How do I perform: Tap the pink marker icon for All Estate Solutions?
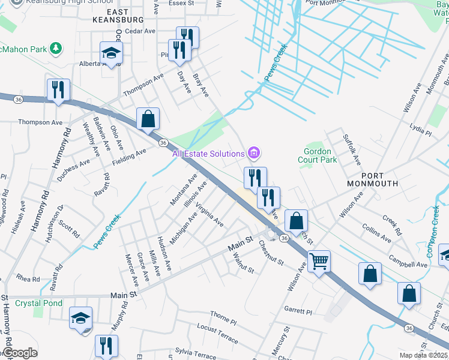pos(255,154)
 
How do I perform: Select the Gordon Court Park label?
pos(318,156)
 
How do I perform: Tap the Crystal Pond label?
pos(39,303)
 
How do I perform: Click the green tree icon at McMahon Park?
pos(55,47)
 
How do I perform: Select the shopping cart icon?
pos(319,260)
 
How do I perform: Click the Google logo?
pos(19,353)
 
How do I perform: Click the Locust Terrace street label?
pos(217,334)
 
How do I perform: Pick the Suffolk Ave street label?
pos(352,150)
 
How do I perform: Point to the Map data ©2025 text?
pos(424,355)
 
